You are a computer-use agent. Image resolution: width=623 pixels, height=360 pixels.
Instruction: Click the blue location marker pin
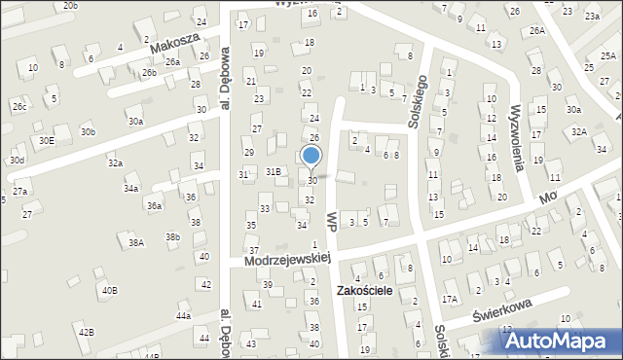click(311, 156)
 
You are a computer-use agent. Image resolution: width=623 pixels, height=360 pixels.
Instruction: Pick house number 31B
click(274, 171)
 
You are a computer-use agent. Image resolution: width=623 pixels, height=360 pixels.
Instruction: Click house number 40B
click(110, 290)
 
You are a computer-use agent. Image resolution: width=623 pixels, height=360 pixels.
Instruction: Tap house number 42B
click(87, 333)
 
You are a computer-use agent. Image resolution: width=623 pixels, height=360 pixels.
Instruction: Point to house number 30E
click(47, 141)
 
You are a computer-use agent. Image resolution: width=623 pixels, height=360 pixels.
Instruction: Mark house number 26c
click(19, 107)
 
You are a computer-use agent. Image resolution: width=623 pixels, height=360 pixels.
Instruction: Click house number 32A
click(579, 130)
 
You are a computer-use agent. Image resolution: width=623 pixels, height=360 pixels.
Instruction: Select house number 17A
click(449, 299)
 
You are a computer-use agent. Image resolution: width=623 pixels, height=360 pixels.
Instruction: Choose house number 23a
click(592, 16)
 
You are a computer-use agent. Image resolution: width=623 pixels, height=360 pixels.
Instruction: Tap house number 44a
click(183, 316)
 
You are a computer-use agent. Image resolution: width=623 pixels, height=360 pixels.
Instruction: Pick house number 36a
click(154, 206)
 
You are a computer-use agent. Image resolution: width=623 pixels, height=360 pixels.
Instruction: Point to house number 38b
click(172, 236)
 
